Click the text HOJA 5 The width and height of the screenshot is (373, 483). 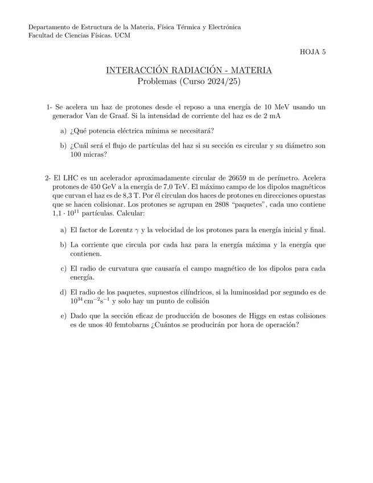(313, 52)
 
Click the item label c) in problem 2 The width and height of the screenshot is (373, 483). (62, 268)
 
